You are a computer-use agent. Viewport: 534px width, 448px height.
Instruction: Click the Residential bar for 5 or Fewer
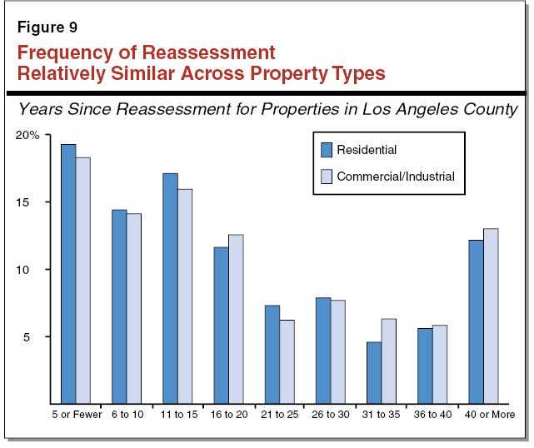click(68, 274)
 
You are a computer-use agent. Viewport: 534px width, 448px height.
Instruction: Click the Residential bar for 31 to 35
click(374, 373)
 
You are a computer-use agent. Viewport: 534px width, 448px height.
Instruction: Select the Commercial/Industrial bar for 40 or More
click(491, 316)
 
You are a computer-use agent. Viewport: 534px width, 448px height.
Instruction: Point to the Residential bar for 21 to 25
click(272, 355)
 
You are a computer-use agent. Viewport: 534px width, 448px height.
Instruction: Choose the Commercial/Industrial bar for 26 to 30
click(337, 350)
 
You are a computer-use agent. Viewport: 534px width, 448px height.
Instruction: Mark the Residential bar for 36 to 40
click(425, 366)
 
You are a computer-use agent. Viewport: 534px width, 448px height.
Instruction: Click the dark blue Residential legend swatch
click(327, 150)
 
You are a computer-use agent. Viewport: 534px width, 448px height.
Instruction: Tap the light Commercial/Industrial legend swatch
click(327, 176)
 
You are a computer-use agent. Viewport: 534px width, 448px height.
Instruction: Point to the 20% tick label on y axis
click(28, 135)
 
